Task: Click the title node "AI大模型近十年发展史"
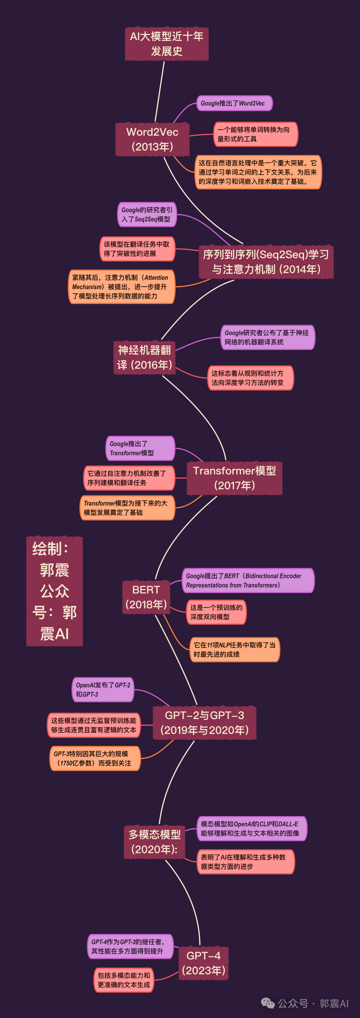pos(166,44)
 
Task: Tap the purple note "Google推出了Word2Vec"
pos(234,103)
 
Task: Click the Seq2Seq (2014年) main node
pos(266,262)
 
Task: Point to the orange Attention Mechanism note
pos(121,287)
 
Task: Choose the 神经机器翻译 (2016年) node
pos(145,357)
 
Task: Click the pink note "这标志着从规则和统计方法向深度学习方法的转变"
pos(250,378)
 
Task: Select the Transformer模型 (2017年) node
pos(234,478)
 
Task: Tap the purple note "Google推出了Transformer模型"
pos(140,448)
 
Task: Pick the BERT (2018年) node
pos(146,597)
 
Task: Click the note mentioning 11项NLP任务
pos(234,649)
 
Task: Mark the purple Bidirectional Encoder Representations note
pos(247,581)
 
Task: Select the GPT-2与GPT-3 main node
pos(204,722)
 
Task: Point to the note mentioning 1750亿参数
pos(95,758)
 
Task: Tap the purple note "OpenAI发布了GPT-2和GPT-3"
pos(103,690)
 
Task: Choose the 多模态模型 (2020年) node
pos(155,842)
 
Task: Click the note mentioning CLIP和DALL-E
pos(251,828)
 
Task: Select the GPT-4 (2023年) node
pos(204,963)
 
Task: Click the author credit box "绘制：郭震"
pos(55,591)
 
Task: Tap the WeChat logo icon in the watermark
pos(268,1003)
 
